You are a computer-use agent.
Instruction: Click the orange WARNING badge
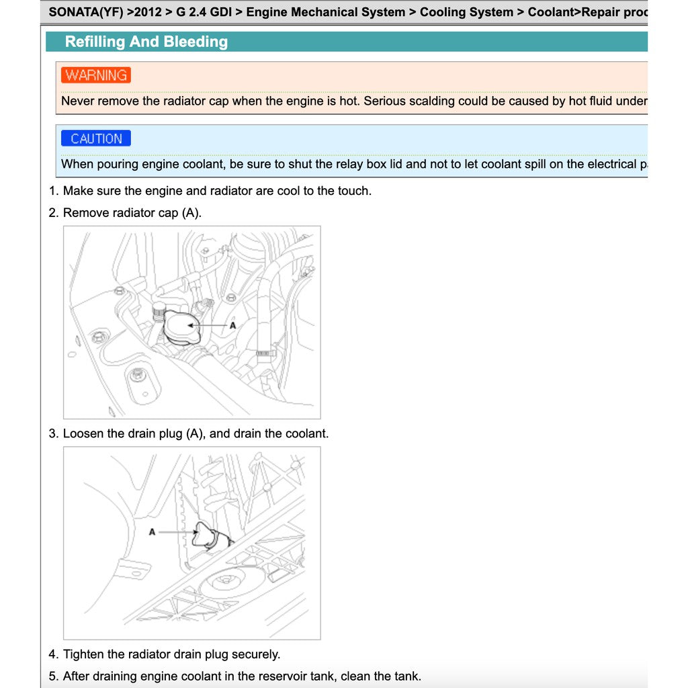click(96, 75)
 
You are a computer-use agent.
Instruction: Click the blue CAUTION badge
click(96, 138)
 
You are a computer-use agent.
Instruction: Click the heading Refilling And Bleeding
click(146, 42)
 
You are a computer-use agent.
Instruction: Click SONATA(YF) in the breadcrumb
click(86, 12)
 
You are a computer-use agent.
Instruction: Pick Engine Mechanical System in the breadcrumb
click(326, 12)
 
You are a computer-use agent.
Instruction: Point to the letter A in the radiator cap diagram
click(233, 325)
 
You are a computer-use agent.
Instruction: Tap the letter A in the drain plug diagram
click(152, 531)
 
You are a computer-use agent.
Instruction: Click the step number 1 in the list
click(52, 191)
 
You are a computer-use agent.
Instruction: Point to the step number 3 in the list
click(52, 433)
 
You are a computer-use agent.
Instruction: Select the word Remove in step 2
click(86, 213)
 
